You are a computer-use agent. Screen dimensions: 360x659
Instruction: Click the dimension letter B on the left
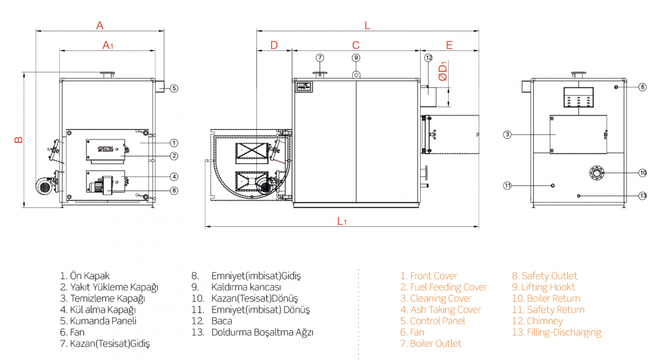[19, 140]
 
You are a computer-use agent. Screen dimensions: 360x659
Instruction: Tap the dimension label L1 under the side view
[342, 221]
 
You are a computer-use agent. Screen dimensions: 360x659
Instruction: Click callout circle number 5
[174, 88]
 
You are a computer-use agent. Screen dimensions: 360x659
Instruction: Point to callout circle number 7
[320, 57]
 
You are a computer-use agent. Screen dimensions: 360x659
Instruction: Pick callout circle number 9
[356, 57]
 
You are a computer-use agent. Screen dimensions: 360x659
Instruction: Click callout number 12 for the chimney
[429, 58]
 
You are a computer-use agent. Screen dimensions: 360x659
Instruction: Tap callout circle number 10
[643, 173]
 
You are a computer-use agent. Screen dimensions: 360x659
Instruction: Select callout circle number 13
[643, 195]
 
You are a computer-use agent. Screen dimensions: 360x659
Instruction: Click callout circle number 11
[508, 185]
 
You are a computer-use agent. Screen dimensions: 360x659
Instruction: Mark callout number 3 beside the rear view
[508, 134]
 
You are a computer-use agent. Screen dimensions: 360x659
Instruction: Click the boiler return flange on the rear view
[596, 173]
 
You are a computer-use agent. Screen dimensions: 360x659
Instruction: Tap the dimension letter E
[449, 45]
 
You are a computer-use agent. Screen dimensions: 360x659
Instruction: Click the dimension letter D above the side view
[274, 45]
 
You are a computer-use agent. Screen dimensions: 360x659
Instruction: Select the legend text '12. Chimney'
[537, 321]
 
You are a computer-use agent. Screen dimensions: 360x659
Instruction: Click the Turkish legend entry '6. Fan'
[72, 332]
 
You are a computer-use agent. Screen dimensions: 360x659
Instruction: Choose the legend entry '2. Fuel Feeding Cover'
[444, 287]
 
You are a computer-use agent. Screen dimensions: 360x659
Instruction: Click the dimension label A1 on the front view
[108, 45]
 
